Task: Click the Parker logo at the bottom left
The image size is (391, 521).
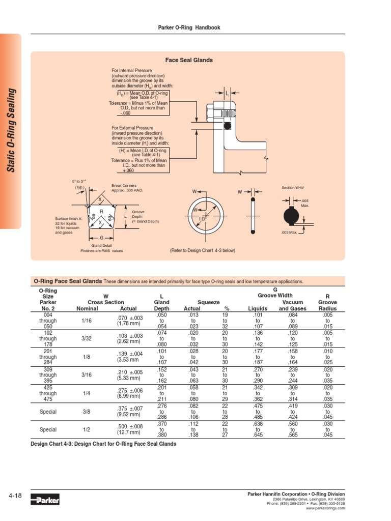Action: pyautogui.click(x=45, y=500)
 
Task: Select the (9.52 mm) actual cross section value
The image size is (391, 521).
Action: pyautogui.click(x=128, y=415)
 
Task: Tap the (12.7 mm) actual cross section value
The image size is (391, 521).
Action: pyautogui.click(x=128, y=432)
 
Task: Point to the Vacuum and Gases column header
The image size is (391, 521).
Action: pyautogui.click(x=292, y=305)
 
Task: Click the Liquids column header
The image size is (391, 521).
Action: pyautogui.click(x=257, y=308)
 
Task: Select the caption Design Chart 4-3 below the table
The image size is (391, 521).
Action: pyautogui.click(x=104, y=444)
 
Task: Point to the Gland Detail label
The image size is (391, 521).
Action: pyautogui.click(x=102, y=245)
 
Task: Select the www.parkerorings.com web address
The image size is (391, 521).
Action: pyautogui.click(x=325, y=508)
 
